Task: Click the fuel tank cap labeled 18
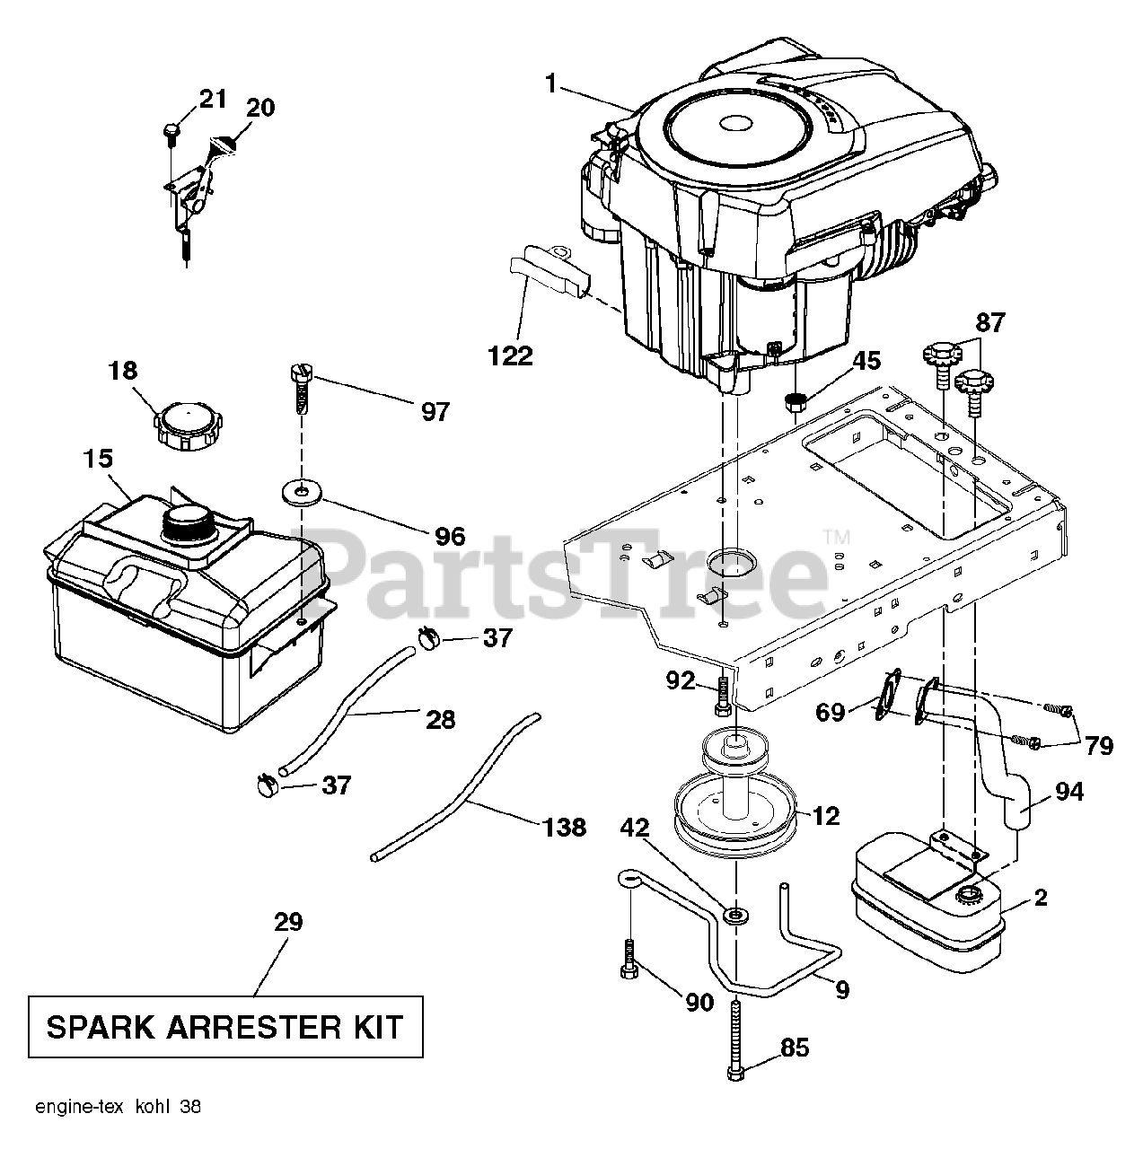point(190,425)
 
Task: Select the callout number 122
point(510,355)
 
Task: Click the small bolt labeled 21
point(171,131)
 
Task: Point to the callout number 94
point(1068,791)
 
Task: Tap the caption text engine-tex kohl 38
point(118,1107)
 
